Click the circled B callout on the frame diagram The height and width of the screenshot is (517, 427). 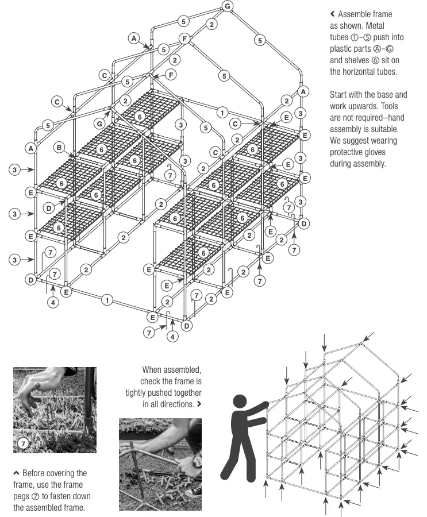coord(59,148)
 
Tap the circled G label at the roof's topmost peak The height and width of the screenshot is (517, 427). coord(228,6)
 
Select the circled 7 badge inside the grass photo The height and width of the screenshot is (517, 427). coord(24,442)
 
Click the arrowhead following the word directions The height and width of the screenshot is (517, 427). coord(199,404)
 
